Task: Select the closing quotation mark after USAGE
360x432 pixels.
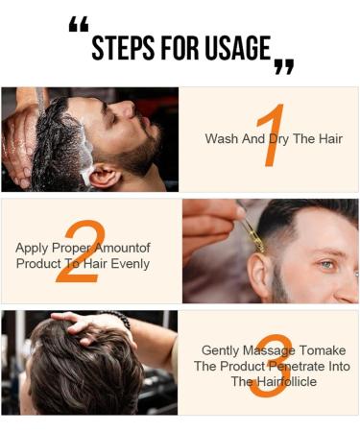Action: click(283, 66)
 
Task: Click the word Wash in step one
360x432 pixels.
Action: click(222, 139)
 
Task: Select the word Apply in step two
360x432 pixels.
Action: click(32, 248)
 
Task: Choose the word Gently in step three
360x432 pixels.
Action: click(222, 350)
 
